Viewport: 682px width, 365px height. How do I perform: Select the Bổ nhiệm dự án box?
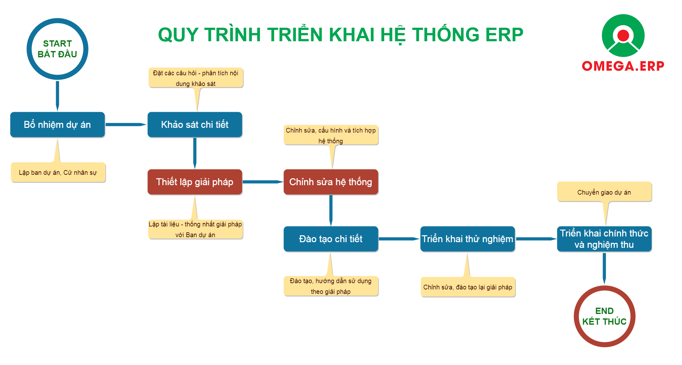(x=57, y=125)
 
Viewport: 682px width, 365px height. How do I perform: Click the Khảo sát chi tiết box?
(x=195, y=125)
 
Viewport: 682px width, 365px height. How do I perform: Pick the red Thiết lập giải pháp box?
(x=195, y=182)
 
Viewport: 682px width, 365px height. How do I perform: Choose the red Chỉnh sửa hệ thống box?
(x=331, y=182)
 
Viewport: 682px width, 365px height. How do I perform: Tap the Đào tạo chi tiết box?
(x=331, y=239)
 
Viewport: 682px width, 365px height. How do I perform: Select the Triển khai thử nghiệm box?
(x=467, y=239)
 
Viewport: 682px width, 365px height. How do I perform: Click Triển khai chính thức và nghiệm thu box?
(x=604, y=239)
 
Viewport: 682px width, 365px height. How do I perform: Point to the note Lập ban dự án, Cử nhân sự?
(x=58, y=173)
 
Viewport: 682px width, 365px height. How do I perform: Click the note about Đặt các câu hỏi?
(x=196, y=77)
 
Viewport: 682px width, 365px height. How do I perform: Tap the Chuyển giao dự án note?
(x=604, y=192)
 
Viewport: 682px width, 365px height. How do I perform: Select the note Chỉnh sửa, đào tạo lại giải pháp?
(x=468, y=287)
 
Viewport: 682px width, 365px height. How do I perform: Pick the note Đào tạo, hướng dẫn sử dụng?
(x=331, y=286)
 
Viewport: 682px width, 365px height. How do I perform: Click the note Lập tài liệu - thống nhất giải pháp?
(x=195, y=229)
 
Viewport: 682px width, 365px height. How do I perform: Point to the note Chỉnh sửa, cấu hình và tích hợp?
(x=331, y=135)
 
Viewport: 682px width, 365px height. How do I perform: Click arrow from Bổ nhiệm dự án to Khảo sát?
(x=126, y=125)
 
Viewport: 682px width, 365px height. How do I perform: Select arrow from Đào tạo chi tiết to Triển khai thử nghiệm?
(x=399, y=239)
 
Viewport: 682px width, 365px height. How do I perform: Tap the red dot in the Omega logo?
(x=623, y=36)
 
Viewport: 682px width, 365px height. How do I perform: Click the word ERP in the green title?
(x=504, y=35)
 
